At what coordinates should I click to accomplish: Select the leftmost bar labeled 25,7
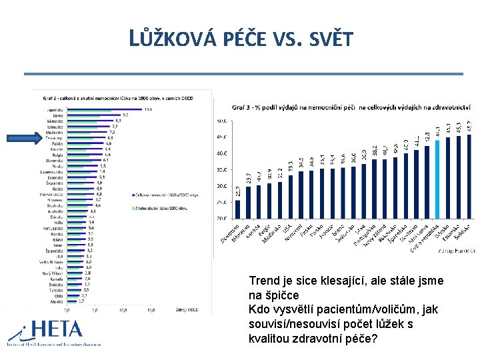(238, 209)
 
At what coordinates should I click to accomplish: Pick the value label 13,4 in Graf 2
(148, 109)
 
